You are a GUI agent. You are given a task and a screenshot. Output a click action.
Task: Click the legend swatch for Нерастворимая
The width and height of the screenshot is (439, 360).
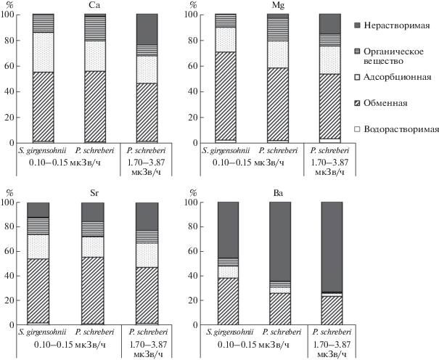point(357,25)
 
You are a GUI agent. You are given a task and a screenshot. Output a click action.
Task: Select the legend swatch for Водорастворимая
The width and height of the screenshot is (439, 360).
point(357,129)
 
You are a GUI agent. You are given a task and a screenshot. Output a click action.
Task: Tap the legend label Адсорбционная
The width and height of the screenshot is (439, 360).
point(398,77)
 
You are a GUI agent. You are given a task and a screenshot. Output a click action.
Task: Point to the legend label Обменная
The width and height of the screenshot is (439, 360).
point(385,103)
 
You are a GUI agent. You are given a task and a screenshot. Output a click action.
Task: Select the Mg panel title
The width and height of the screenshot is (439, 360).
point(278,6)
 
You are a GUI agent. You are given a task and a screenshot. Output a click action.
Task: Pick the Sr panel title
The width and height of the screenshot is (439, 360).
point(94,193)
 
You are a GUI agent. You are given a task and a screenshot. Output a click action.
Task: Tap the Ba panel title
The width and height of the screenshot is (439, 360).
point(278,193)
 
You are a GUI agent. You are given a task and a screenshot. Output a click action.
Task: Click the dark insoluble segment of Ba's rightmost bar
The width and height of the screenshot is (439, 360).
point(332,247)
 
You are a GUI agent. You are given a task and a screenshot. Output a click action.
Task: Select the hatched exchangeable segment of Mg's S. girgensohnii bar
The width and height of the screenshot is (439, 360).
point(226,96)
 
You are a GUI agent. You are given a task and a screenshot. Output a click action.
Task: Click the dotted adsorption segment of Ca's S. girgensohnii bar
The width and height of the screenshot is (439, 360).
point(43,52)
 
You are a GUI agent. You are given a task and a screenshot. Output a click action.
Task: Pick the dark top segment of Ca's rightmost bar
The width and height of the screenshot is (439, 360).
point(147,29)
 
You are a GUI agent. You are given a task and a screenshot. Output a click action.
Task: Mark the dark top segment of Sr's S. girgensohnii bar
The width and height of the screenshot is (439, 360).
point(38,210)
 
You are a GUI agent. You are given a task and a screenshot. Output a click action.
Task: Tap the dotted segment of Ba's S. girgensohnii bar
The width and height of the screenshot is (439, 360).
point(228,272)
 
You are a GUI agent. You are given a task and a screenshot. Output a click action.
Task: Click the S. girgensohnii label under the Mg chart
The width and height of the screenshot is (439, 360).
point(226,151)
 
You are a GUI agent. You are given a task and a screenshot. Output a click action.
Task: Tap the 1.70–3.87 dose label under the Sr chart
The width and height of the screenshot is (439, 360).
point(148,344)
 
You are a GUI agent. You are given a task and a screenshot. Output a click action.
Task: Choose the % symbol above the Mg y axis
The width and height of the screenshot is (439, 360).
point(193,5)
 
